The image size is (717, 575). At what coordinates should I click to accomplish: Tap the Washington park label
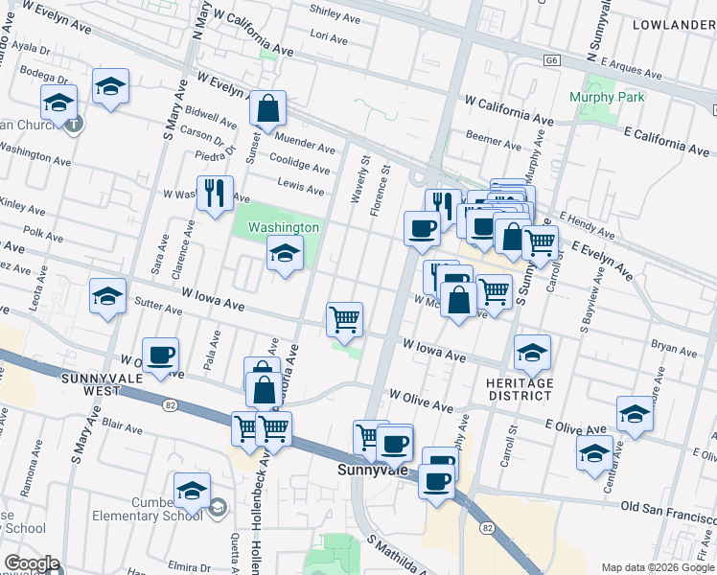pos(283,227)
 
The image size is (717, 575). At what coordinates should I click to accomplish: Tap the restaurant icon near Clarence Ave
pos(215,194)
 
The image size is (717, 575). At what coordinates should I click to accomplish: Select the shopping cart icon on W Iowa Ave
pos(344,319)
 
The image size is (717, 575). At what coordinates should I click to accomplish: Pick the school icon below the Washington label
pos(285,254)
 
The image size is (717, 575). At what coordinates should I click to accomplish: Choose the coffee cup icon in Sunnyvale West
pos(161,356)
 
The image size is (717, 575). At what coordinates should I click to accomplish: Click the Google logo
pos(32,564)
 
